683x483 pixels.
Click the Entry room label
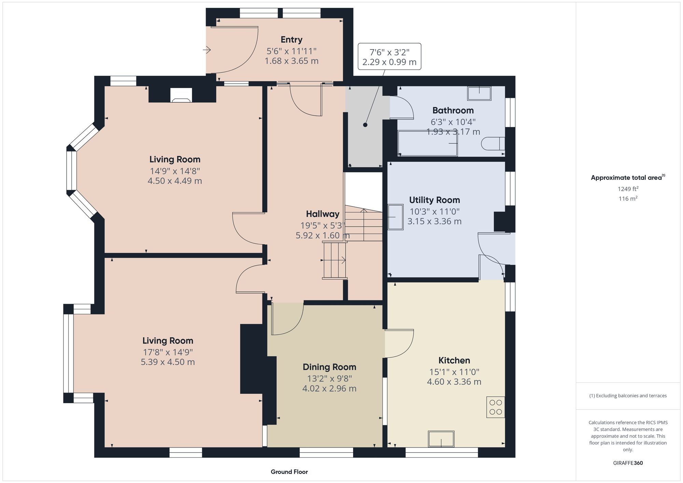(291, 40)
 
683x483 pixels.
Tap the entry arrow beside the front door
(207, 50)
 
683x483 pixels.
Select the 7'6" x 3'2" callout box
(389, 57)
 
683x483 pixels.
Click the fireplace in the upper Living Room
(181, 96)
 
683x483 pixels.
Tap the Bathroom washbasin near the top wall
(479, 93)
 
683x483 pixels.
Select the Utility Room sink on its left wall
(395, 217)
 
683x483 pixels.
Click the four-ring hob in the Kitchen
(495, 407)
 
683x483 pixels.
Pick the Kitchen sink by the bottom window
(441, 439)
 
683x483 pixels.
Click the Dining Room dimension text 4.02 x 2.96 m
(329, 388)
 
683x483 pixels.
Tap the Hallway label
(322, 214)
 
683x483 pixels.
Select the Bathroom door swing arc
(402, 108)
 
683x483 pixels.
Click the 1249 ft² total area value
(628, 189)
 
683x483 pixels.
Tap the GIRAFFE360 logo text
(628, 463)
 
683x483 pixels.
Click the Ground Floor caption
(289, 472)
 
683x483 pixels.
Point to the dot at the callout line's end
(365, 125)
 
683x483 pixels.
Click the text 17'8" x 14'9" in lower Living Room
(168, 352)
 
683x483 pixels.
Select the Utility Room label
(434, 200)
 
